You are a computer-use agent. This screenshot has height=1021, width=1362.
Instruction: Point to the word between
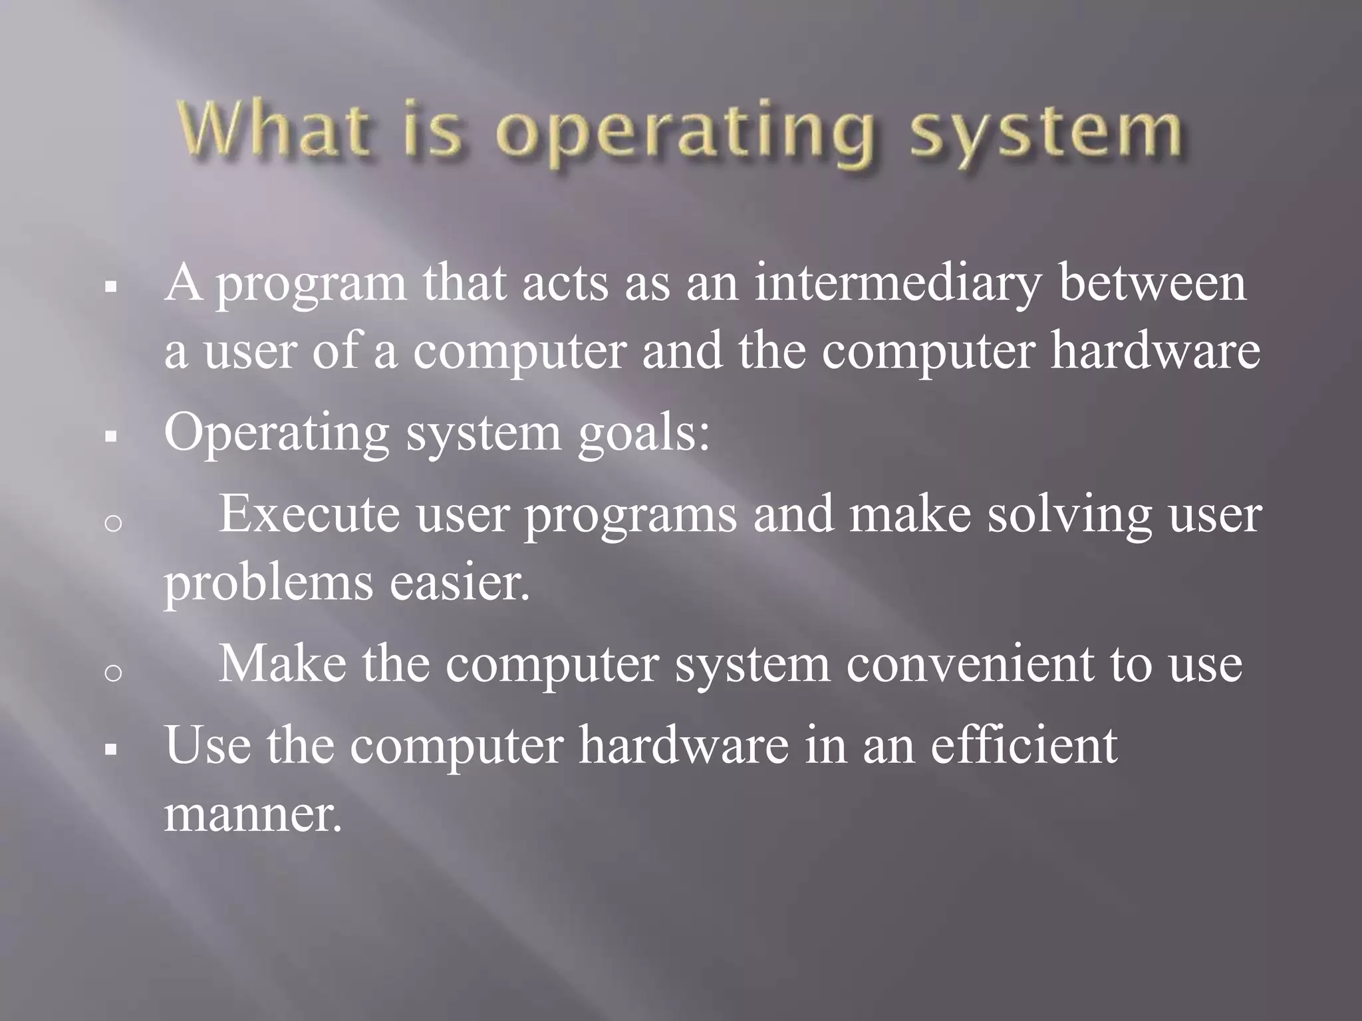1153,282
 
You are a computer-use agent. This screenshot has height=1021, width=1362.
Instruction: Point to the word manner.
253,814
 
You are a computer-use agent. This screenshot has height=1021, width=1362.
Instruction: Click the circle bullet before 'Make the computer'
114,673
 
